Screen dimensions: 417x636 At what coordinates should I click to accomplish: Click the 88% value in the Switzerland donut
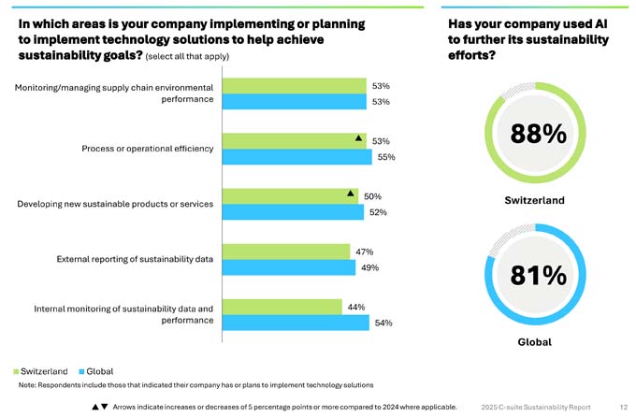[539, 135]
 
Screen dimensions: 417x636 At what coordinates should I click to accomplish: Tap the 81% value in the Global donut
[539, 276]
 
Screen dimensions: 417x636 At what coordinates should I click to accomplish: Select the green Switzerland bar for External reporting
[287, 252]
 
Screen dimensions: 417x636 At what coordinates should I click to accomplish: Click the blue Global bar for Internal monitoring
[296, 323]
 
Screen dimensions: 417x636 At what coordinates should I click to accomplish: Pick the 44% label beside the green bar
[355, 307]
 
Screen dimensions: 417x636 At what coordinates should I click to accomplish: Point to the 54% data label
[383, 323]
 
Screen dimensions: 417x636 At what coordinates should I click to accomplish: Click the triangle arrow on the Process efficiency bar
[358, 138]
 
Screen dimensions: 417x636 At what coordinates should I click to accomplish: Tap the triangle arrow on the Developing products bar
[351, 194]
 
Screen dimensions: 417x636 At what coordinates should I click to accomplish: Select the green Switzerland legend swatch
[16, 371]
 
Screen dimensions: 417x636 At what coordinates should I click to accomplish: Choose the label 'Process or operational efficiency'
[148, 149]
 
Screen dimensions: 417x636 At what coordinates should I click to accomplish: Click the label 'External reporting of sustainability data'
[135, 259]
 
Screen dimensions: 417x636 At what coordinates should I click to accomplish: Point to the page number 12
[623, 407]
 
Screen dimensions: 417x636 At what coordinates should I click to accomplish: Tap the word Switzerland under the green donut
[534, 200]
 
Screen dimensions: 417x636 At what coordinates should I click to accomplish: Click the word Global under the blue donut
[534, 342]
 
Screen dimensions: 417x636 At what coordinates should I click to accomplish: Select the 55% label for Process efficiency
[386, 157]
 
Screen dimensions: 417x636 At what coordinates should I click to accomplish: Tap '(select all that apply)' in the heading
[187, 56]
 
